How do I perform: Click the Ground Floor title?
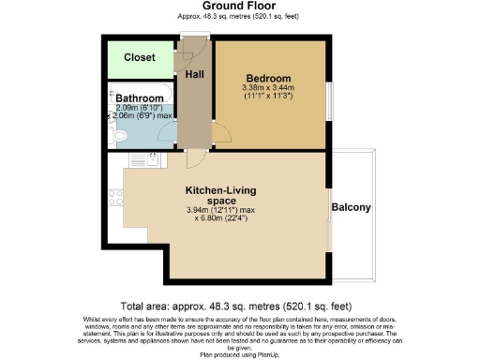pyautogui.click(x=239, y=7)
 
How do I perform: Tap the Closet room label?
pyautogui.click(x=140, y=57)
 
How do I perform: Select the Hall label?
pyautogui.click(x=195, y=74)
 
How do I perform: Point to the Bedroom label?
pyautogui.click(x=269, y=77)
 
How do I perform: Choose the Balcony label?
pyautogui.click(x=352, y=207)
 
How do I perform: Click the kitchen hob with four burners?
pyautogui.click(x=116, y=198)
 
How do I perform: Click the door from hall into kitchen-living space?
pyautogui.click(x=191, y=157)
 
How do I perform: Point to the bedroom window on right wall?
pyautogui.click(x=329, y=100)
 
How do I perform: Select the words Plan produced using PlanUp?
pyautogui.click(x=239, y=355)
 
